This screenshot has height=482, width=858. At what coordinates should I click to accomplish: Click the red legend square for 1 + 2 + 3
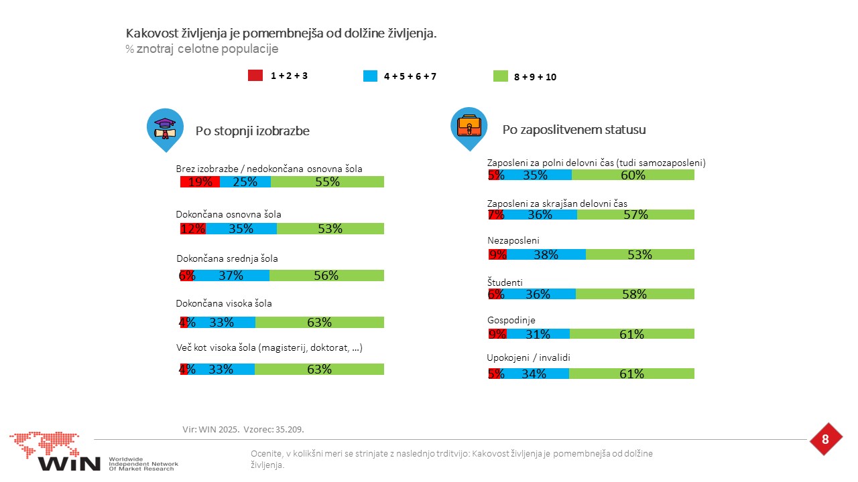click(x=255, y=76)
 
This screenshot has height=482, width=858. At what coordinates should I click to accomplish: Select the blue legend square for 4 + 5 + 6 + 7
click(x=370, y=76)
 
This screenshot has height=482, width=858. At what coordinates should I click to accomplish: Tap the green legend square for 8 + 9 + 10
click(x=500, y=76)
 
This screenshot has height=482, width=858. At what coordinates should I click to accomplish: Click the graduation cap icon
click(x=165, y=128)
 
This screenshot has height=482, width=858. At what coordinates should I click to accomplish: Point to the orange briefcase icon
click(x=469, y=125)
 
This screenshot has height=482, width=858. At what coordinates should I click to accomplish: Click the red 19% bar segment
click(x=200, y=181)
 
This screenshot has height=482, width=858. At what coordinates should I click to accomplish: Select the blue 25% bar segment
click(x=245, y=181)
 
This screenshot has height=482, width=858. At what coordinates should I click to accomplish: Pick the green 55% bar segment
click(x=327, y=181)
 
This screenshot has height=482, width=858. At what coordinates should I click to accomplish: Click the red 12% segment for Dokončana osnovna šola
click(x=193, y=228)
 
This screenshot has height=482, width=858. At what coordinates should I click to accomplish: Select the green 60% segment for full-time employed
click(x=633, y=175)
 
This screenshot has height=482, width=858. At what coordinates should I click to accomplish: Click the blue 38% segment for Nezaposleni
click(x=546, y=254)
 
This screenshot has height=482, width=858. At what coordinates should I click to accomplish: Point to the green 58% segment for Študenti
click(x=635, y=294)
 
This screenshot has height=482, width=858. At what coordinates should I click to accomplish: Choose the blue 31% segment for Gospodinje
click(x=538, y=334)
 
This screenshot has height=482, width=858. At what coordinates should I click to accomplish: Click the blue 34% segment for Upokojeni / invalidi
click(x=534, y=374)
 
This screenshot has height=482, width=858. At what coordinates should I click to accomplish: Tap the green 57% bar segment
click(x=635, y=215)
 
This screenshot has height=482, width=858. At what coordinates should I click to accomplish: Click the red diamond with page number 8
click(x=825, y=439)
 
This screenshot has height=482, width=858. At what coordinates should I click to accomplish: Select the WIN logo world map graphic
click(x=44, y=444)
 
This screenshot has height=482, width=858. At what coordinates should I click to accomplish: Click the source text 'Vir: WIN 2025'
click(x=211, y=429)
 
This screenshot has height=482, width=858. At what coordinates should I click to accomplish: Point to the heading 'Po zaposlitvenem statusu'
click(x=574, y=130)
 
